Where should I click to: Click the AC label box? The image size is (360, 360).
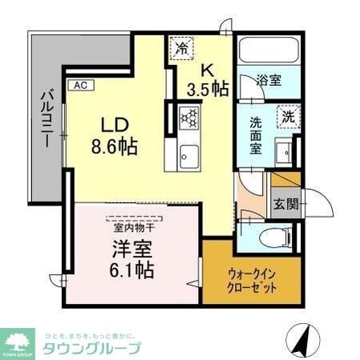(81, 84)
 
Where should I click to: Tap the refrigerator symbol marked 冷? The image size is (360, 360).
(182, 48)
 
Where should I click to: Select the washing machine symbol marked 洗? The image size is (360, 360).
(287, 115)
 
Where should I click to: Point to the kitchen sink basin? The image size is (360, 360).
(188, 154)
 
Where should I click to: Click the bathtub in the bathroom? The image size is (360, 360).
(268, 53)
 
